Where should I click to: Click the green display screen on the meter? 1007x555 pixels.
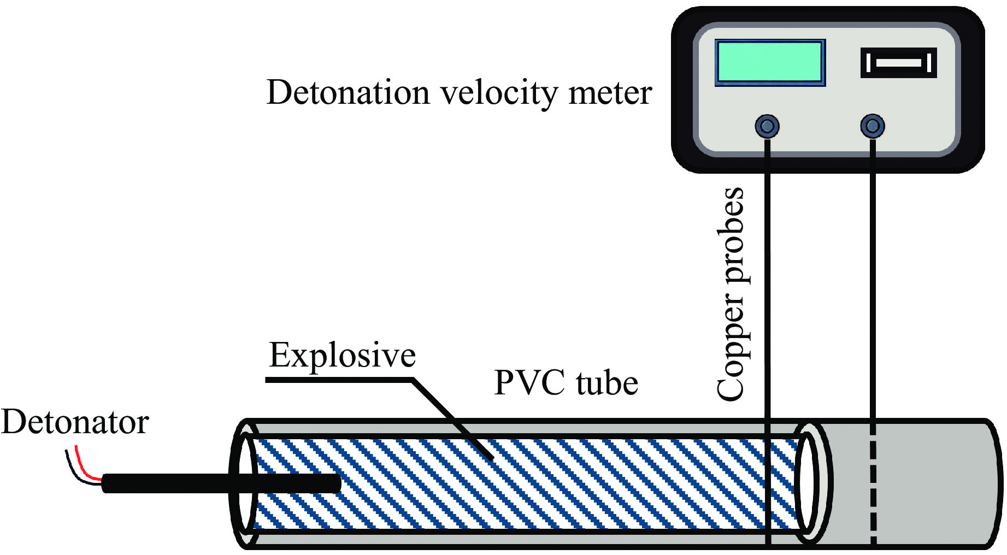pyautogui.click(x=770, y=63)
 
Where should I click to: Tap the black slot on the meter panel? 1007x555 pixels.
pyautogui.click(x=898, y=63)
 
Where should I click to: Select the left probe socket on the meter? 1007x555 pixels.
pyautogui.click(x=767, y=126)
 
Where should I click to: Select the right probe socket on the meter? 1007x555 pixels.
pyautogui.click(x=872, y=126)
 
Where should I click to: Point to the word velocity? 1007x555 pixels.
pyautogui.click(x=500, y=93)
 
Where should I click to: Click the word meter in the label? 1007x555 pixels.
pyautogui.click(x=610, y=93)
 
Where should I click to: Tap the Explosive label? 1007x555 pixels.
pyautogui.click(x=343, y=356)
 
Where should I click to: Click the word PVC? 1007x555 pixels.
pyautogui.click(x=529, y=382)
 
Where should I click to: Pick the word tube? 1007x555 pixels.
pyautogui.click(x=607, y=382)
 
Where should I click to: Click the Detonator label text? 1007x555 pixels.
pyautogui.click(x=75, y=422)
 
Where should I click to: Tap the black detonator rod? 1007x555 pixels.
pyautogui.click(x=219, y=483)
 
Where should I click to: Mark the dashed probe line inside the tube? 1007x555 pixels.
pyautogui.click(x=873, y=486)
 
